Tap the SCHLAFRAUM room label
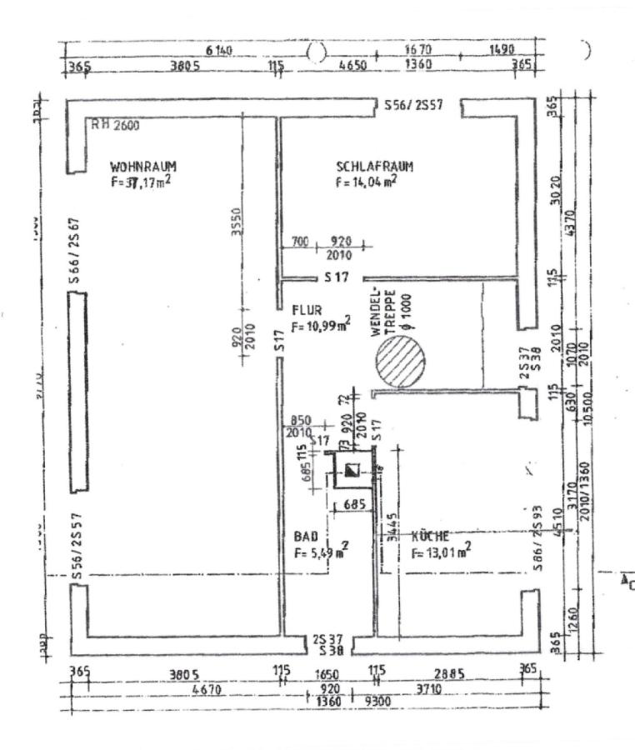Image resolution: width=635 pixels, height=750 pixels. pyautogui.click(x=374, y=166)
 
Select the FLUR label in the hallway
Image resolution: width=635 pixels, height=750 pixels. pyautogui.click(x=306, y=309)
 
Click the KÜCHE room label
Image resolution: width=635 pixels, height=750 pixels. pyautogui.click(x=431, y=536)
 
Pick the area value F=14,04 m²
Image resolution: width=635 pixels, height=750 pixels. pyautogui.click(x=366, y=181)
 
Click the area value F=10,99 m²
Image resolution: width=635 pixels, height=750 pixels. pyautogui.click(x=321, y=325)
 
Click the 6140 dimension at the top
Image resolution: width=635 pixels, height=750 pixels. pyautogui.click(x=219, y=51)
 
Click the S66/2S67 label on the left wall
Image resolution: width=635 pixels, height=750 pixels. pyautogui.click(x=74, y=252)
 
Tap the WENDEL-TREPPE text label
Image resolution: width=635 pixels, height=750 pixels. pyautogui.click(x=381, y=313)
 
